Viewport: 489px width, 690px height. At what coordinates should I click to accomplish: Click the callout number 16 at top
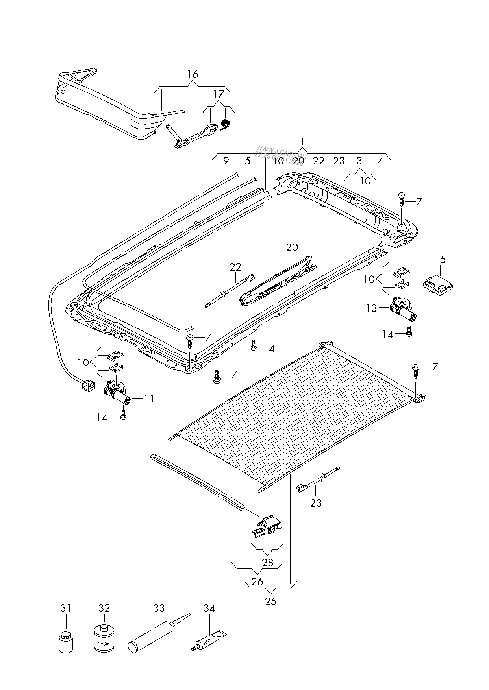click(x=193, y=74)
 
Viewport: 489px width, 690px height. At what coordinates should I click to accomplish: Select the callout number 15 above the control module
click(x=440, y=260)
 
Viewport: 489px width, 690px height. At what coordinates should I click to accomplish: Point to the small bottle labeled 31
click(x=66, y=642)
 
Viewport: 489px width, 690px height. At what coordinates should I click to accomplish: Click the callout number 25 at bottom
click(x=271, y=601)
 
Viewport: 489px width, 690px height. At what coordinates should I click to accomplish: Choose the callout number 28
click(x=267, y=563)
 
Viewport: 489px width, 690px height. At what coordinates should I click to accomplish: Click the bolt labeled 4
click(x=254, y=348)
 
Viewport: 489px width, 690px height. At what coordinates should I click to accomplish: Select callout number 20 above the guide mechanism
click(x=292, y=247)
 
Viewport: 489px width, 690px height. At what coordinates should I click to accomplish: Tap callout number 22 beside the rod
click(x=235, y=267)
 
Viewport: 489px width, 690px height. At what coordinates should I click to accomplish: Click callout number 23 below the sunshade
click(x=316, y=503)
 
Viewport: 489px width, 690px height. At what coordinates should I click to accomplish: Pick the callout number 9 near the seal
click(x=226, y=161)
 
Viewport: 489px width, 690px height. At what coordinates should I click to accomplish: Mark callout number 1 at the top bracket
click(x=302, y=141)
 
